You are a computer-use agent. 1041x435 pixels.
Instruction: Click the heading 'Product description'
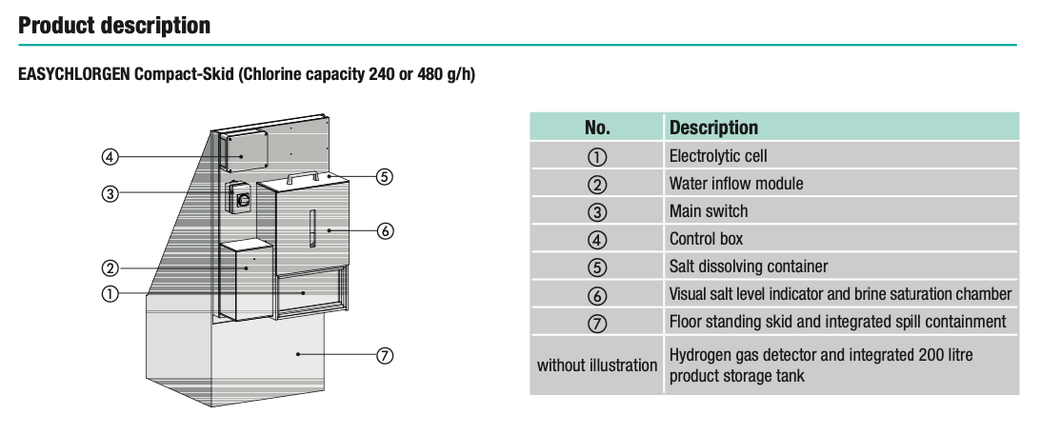tap(114, 26)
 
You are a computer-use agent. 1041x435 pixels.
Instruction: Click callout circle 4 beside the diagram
tap(110, 156)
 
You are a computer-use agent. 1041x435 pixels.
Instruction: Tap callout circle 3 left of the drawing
tap(110, 194)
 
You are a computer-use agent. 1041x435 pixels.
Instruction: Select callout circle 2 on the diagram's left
tap(110, 267)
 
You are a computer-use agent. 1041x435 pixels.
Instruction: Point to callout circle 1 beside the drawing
tap(110, 293)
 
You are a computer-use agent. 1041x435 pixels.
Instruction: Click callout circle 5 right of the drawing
tap(385, 176)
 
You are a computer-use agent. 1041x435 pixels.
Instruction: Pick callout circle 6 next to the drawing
tap(385, 230)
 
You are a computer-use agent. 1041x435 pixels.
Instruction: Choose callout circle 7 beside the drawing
tap(385, 355)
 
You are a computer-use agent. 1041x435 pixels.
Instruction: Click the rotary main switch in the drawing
tap(241, 200)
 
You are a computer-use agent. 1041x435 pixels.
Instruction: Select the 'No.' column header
tap(597, 128)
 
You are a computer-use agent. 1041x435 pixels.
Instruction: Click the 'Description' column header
tap(713, 128)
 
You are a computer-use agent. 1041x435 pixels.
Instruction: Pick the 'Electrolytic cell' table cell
tap(717, 155)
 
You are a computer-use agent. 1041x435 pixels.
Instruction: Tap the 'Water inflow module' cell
tap(735, 183)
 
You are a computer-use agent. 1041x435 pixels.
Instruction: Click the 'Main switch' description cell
tap(708, 210)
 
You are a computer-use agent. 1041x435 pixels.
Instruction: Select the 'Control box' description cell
tap(706, 239)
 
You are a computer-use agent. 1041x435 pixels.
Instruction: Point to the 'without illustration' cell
tap(596, 365)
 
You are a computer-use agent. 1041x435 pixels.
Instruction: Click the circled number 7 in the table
tap(597, 323)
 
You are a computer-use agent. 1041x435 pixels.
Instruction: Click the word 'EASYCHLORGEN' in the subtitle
tap(73, 74)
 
